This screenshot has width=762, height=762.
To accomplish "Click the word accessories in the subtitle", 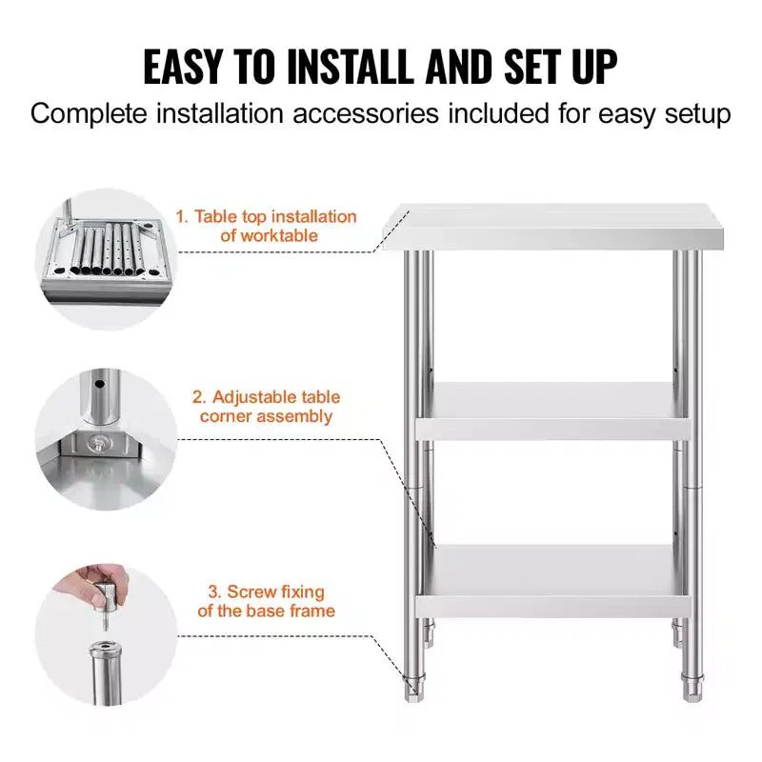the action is click(366, 113).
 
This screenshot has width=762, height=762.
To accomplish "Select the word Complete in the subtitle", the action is click(89, 114).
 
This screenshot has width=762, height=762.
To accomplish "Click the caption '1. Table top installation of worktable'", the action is click(267, 226).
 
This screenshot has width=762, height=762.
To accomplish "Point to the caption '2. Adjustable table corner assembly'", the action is click(267, 407).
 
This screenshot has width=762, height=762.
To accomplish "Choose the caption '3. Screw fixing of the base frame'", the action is click(267, 601).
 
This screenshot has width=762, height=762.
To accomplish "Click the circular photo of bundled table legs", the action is click(107, 259).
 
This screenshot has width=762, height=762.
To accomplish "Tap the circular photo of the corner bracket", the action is click(107, 439).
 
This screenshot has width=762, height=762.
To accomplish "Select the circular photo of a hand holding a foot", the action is click(107, 634).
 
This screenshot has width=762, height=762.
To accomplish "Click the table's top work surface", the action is click(553, 227).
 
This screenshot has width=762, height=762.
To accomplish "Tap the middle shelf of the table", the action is click(553, 411).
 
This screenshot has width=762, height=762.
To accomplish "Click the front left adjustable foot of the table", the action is click(414, 687).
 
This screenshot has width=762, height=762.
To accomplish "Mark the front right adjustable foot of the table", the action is click(692, 687).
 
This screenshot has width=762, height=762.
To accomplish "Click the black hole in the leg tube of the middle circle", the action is click(100, 384).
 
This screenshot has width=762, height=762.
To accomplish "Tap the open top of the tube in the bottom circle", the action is click(105, 649).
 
